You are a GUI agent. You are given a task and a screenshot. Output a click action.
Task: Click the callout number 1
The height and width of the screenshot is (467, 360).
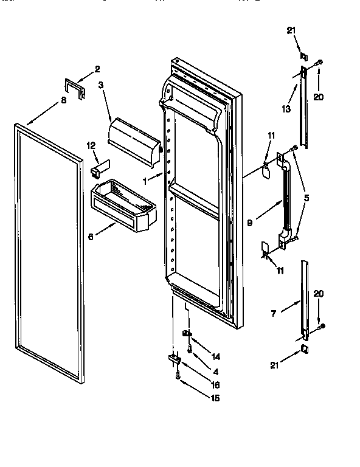tap(145, 180)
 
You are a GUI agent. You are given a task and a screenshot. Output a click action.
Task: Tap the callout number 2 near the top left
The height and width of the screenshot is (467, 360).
tap(97, 69)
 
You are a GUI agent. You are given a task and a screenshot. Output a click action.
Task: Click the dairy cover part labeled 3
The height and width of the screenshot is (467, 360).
tap(134, 140)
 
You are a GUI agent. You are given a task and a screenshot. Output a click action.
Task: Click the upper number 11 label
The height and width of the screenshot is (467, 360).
tap(272, 136)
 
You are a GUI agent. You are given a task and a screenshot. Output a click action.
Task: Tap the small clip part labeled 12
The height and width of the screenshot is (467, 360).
tap(99, 165)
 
